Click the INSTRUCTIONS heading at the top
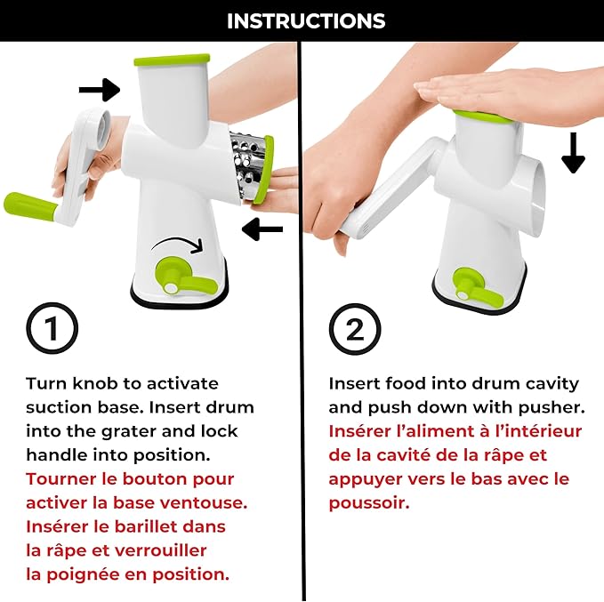(306, 20)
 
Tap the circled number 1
(52, 328)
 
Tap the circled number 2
(355, 329)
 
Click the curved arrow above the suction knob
(177, 245)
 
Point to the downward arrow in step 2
(573, 153)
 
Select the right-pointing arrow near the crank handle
(100, 90)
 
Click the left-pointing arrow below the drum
(262, 229)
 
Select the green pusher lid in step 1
(173, 60)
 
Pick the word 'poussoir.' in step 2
(369, 503)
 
